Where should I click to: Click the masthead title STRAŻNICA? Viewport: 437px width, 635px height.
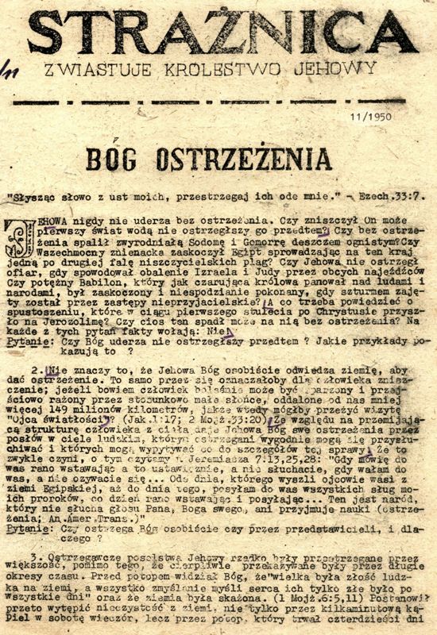point(222,35)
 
